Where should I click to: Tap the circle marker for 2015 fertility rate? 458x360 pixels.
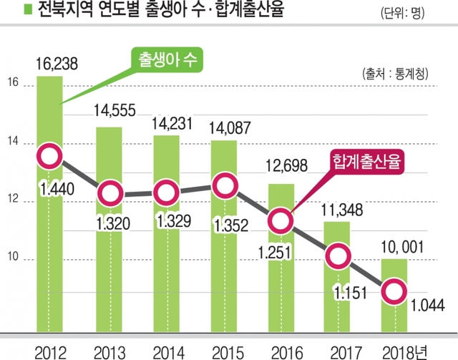click(223, 186)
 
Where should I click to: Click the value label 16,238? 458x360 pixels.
click(56, 63)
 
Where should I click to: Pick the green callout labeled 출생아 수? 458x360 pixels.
click(166, 61)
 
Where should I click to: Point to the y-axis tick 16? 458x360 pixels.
click(13, 82)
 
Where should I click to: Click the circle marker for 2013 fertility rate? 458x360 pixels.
click(107, 193)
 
